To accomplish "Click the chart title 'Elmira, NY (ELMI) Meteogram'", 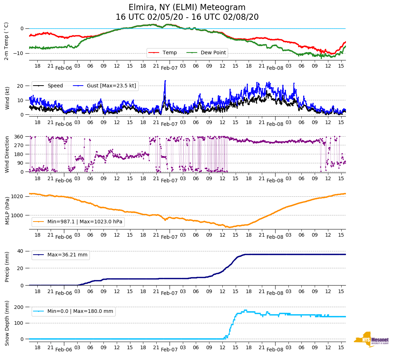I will [x=187, y=8].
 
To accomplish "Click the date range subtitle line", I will [x=187, y=17].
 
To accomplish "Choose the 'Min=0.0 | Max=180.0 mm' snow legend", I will [x=80, y=311].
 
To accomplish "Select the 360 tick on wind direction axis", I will [x=19, y=137].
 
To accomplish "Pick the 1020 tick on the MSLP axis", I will [x=17, y=196].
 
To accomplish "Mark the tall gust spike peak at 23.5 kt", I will [x=165, y=81].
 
